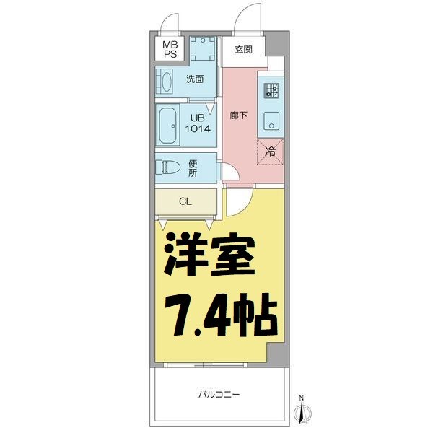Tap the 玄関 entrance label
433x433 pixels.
243,49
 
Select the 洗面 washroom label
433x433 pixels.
195,80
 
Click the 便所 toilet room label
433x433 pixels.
193,168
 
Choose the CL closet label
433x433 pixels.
185,201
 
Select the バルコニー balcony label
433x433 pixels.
219,394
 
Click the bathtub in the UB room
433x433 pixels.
169,126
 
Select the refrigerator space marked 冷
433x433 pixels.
271,152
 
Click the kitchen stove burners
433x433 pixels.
272,90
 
